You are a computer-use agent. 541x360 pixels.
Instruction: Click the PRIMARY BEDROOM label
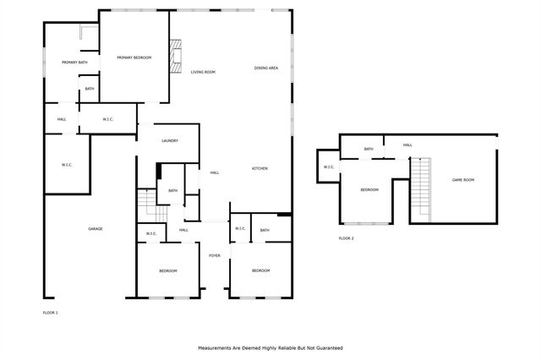pos(134,57)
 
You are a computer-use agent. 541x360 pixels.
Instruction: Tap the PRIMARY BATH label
pos(74,63)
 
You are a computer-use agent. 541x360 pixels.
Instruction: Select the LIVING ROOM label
pos(203,72)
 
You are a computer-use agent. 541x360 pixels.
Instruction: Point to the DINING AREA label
pos(266,68)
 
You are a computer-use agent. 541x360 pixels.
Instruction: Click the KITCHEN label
pos(260,169)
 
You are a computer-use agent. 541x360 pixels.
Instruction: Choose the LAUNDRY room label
pos(169,140)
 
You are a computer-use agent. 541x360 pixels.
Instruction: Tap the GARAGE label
pos(96,228)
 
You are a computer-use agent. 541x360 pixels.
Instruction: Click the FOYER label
pos(215,254)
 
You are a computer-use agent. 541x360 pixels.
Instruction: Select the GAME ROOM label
pos(462,180)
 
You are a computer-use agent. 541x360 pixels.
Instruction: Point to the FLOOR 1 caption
pos(50,313)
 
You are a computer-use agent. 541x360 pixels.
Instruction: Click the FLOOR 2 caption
pos(347,238)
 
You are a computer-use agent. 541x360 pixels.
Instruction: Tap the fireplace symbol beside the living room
pos(175,56)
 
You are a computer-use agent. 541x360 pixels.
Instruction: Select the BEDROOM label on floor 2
pos(369,189)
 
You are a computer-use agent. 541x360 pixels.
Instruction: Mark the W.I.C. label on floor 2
pos(329,166)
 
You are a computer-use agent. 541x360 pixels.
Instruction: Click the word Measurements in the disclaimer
pos(217,347)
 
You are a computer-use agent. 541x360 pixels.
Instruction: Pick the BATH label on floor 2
pos(369,149)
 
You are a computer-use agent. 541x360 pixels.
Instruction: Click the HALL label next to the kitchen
pos(215,172)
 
